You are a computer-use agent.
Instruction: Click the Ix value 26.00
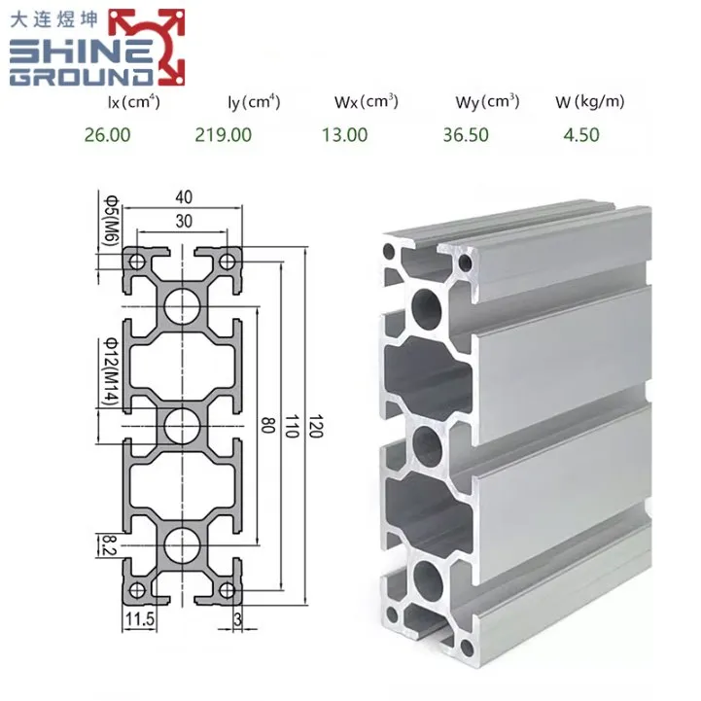(107, 134)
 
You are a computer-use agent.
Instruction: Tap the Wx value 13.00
(345, 134)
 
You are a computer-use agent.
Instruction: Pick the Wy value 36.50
(466, 134)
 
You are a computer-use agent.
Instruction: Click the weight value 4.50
(581, 134)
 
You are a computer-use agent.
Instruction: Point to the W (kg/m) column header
(590, 101)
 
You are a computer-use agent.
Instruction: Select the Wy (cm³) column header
(487, 101)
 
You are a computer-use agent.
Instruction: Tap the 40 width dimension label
(183, 197)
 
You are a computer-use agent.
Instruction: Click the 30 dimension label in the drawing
(183, 221)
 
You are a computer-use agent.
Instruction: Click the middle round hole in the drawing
(182, 423)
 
